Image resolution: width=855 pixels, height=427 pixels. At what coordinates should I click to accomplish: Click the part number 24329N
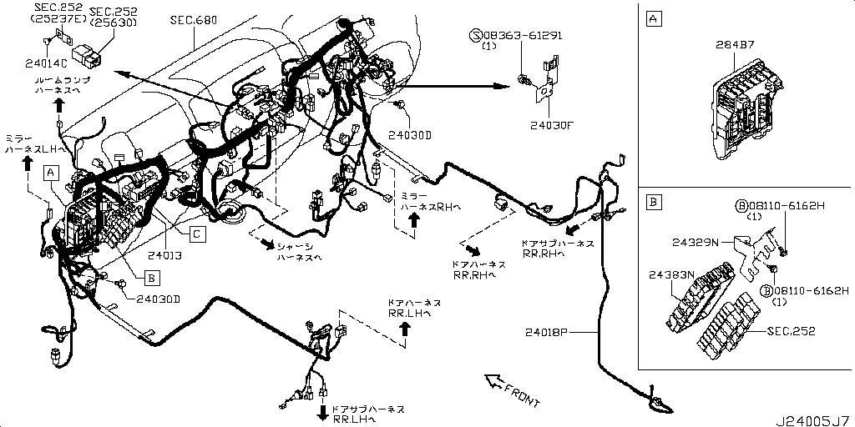[x=695, y=243]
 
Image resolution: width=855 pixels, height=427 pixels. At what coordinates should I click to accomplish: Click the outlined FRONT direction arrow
[x=495, y=383]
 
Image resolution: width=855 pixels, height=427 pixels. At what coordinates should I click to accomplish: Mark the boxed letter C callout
[x=195, y=234]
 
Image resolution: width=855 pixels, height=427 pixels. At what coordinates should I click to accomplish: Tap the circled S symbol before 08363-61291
[x=477, y=36]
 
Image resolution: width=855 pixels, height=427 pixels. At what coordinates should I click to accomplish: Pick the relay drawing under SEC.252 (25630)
[x=89, y=53]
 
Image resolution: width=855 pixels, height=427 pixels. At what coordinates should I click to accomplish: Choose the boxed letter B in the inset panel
[x=654, y=203]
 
